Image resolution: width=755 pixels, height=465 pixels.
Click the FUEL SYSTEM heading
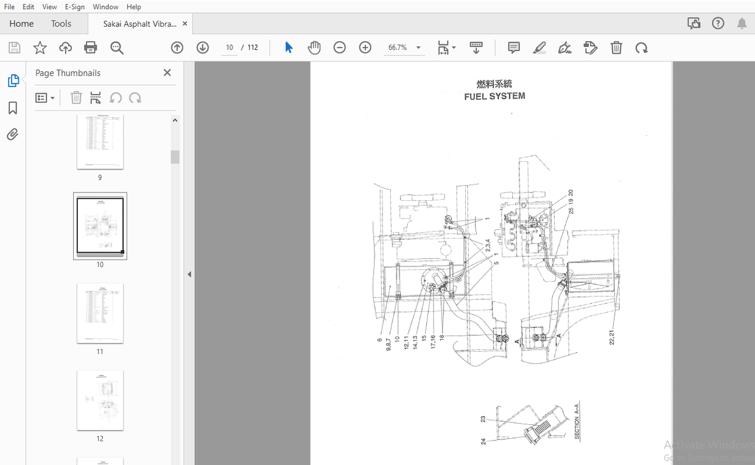tap(494, 96)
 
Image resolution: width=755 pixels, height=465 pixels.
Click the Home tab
tap(21, 24)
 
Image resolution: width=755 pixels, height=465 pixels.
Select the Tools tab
tap(61, 24)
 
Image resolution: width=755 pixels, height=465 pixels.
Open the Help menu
tap(134, 7)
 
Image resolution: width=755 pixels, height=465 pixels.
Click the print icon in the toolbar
tap(91, 47)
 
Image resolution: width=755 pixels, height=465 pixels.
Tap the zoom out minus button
tap(340, 47)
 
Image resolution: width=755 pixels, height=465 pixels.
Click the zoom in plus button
tap(365, 47)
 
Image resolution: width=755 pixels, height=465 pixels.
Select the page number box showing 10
tap(230, 47)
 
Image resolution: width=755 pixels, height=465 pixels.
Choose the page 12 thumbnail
tap(100, 400)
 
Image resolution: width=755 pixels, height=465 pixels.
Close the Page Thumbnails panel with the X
tap(167, 73)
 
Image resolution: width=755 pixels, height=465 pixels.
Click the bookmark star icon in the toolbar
tap(40, 47)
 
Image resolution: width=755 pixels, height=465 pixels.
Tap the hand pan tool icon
tap(314, 47)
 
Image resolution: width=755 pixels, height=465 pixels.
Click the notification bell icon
tap(742, 24)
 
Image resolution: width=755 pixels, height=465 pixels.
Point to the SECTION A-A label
tap(577, 421)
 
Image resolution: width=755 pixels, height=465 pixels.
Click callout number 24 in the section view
tap(483, 441)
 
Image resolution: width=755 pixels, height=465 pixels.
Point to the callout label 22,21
tap(612, 337)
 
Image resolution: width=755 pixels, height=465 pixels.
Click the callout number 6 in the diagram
tap(379, 340)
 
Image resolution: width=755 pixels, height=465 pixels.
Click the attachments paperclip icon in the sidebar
tap(13, 135)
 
